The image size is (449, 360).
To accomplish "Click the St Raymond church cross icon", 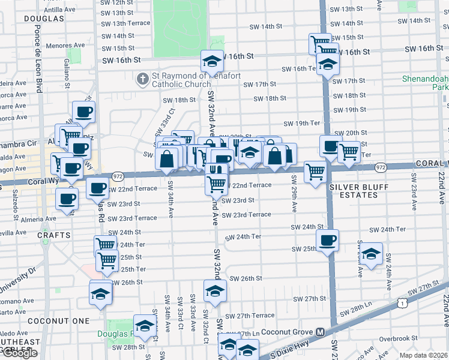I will [x=143, y=78].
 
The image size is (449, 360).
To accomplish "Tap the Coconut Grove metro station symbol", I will [x=321, y=332].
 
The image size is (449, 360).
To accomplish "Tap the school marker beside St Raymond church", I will [x=211, y=61].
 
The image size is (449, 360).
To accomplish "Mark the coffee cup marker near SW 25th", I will [x=327, y=241].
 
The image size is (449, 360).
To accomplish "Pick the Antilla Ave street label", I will [x=60, y=10].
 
